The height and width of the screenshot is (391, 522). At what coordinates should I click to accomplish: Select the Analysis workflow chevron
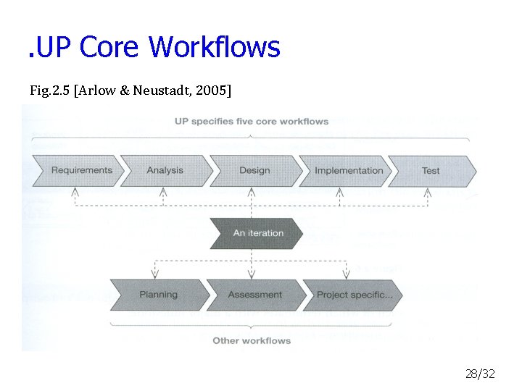tap(165, 171)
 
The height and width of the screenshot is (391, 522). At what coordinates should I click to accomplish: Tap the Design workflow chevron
tap(254, 171)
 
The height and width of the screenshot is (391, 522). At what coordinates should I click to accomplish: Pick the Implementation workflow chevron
tap(348, 171)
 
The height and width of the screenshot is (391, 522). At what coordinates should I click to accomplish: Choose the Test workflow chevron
tap(431, 171)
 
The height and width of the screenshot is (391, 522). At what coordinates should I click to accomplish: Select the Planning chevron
tap(158, 295)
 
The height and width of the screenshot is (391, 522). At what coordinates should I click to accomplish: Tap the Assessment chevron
tap(254, 295)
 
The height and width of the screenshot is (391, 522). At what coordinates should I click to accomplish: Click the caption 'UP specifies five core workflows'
tap(252, 121)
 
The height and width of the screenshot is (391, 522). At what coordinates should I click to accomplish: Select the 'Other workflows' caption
tap(252, 340)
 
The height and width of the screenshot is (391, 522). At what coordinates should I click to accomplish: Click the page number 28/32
tap(480, 374)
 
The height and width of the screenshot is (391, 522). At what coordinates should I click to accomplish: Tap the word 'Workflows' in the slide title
tap(214, 48)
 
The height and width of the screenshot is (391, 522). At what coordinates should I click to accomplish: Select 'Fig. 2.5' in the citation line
tap(50, 91)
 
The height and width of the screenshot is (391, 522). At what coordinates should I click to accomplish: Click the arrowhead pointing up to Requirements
tap(75, 193)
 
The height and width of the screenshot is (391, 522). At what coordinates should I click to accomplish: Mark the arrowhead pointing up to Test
tap(428, 193)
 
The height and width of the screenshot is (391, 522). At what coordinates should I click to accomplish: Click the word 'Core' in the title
tap(110, 48)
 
